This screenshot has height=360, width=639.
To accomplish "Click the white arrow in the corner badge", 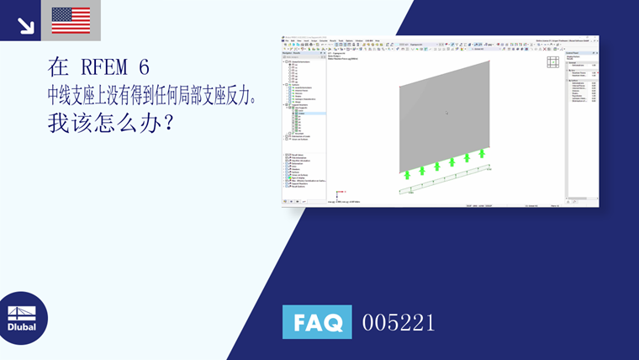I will [25, 24].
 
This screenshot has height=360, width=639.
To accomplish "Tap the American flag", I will [71, 20].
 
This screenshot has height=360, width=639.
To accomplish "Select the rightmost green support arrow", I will [482, 154].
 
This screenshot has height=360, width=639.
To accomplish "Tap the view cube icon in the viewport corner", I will [552, 62].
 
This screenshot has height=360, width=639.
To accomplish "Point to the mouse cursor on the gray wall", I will [446, 113].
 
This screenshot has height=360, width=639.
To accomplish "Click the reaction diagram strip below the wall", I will [444, 181].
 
